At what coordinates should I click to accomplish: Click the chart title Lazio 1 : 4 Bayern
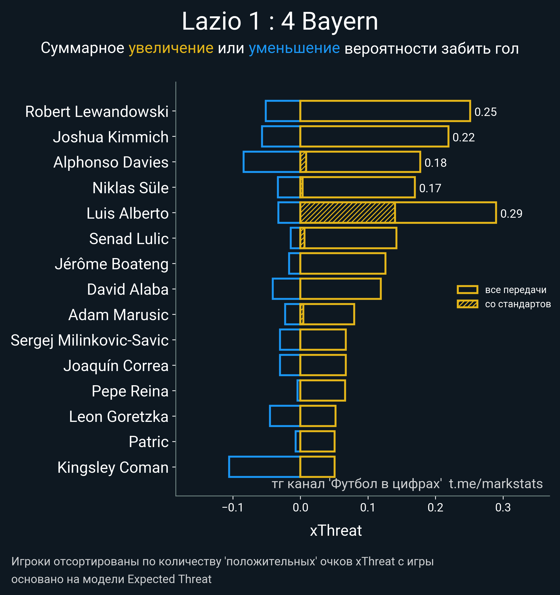point(280,21)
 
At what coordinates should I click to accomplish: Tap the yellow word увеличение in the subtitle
point(171,48)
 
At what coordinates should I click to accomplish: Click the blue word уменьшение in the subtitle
point(294,48)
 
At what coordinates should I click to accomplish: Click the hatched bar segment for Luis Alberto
point(347,213)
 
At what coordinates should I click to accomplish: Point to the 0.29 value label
point(511,214)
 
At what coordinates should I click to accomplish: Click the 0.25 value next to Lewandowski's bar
point(486,112)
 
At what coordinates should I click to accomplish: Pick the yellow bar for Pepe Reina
point(323,390)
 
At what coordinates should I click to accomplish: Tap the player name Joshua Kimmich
point(111,137)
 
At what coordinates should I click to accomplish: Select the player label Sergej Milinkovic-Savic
point(90,340)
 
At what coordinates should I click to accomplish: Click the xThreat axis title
point(336,531)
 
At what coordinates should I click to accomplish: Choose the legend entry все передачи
point(515,290)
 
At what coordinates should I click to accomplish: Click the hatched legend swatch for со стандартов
point(467,304)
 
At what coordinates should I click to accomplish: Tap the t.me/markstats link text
point(496,484)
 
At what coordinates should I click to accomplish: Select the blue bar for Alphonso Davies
point(271,162)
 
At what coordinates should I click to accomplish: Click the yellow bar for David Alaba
point(340,289)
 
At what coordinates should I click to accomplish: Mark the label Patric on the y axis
point(148,442)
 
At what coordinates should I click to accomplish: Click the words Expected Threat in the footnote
point(169,579)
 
